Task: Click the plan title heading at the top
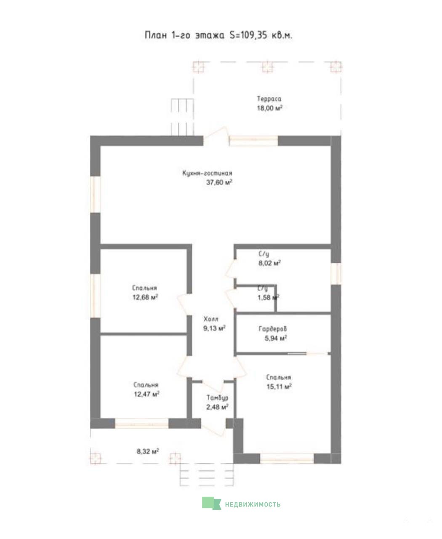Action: pos(218,35)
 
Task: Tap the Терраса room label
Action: pos(269,99)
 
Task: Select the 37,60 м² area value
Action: pos(219,182)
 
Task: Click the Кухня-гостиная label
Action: pos(207,173)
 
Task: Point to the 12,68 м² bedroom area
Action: pos(145,297)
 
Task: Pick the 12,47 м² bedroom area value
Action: pos(146,394)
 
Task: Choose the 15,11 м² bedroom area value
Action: pos(279,386)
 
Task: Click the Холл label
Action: pos(211,319)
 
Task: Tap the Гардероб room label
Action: pos(273,329)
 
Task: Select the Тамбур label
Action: pos(218,398)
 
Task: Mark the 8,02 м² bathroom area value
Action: pos(269,263)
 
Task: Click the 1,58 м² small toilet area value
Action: pos(268,297)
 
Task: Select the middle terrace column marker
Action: pos(267,67)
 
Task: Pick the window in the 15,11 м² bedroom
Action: pos(287,458)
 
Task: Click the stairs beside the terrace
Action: pos(182,117)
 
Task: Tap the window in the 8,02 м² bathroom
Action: pos(336,273)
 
